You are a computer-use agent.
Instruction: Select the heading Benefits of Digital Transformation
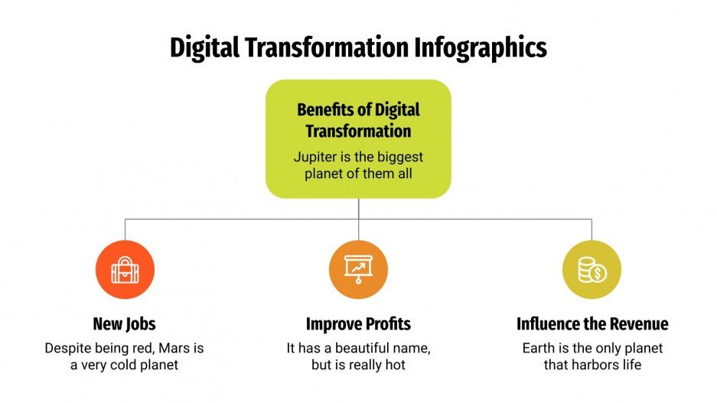[358, 120]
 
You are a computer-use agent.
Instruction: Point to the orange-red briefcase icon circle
[125, 269]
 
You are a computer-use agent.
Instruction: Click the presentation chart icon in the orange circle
[358, 269]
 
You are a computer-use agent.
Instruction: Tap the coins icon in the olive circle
[592, 269]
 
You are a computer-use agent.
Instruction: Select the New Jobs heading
[125, 323]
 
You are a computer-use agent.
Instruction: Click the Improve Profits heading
[358, 323]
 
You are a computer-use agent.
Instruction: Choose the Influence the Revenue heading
[592, 323]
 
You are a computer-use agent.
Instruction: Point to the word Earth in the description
[539, 348]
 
